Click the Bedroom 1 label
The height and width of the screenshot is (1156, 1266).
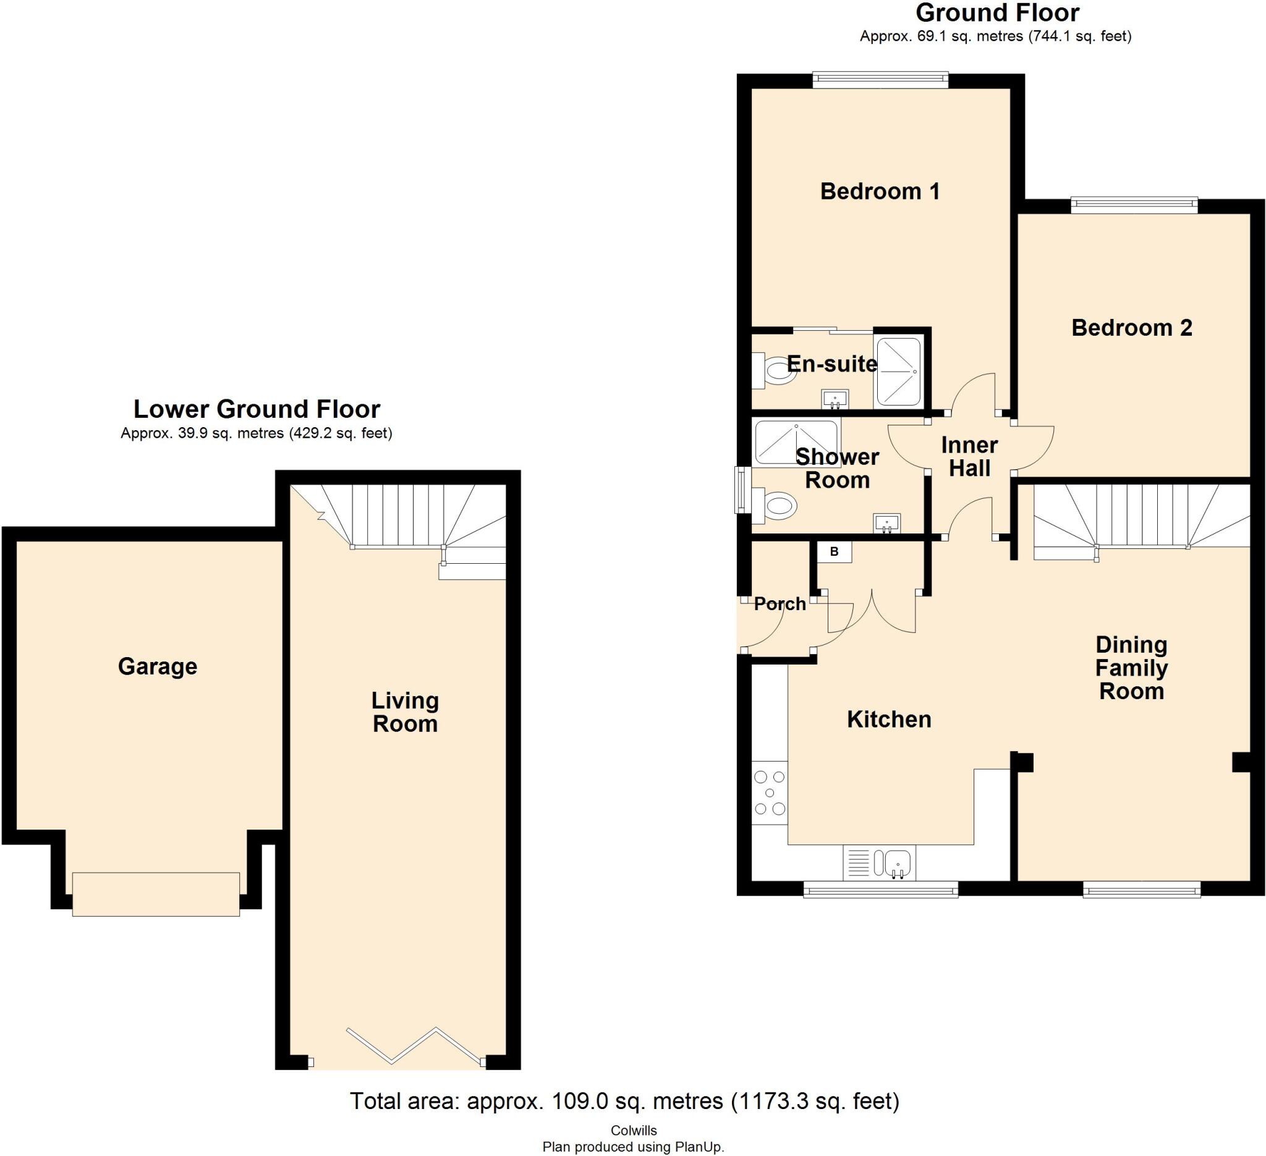[880, 192]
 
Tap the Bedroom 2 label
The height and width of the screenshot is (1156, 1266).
[1132, 328]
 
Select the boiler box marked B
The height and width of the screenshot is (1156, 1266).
[834, 552]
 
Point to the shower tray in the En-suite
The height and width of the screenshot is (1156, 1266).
[899, 372]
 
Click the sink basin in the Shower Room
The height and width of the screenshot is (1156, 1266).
[886, 522]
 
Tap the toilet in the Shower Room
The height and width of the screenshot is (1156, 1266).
[776, 505]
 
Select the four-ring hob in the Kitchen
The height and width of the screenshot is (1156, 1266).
[770, 793]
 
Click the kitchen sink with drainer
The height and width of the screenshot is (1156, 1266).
[879, 863]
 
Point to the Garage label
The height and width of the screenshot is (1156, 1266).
[158, 666]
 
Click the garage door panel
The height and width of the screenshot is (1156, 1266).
[156, 894]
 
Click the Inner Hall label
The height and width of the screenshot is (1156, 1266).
[969, 456]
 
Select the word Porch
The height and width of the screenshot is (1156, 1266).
[780, 604]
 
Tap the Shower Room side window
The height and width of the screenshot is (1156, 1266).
[743, 490]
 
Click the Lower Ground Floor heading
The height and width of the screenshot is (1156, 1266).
[257, 409]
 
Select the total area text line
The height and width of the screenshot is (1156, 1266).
[624, 1101]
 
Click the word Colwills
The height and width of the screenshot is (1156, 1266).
[633, 1130]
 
